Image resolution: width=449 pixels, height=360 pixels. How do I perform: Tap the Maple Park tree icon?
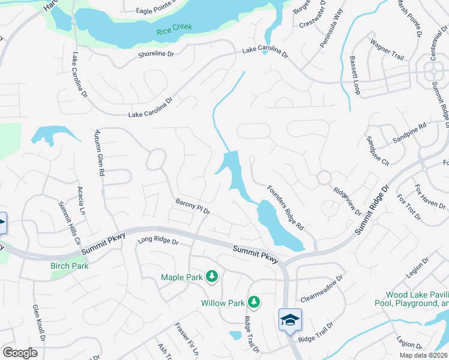click(x=211, y=277)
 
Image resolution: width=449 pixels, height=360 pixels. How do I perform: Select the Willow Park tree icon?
click(x=255, y=302)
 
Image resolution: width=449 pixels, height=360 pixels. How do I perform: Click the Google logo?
click(x=20, y=353)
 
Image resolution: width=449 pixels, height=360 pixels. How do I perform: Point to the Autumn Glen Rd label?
click(x=99, y=154)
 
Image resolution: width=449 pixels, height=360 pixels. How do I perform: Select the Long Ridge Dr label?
click(x=158, y=241)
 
